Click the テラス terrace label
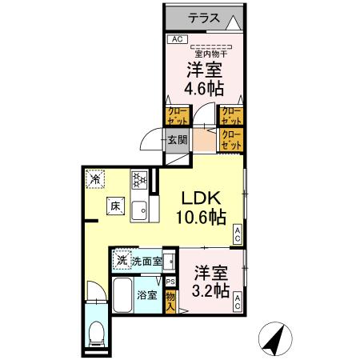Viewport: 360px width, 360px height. coord(206,17)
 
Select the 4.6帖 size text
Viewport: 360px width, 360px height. coord(205,85)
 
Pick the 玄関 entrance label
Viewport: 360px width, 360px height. coord(177,142)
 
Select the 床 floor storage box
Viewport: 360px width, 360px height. coord(115,206)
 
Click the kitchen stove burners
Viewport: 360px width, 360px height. coord(138,180)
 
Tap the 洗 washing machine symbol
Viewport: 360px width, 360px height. coord(122,260)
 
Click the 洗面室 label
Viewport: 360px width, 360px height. coord(147,260)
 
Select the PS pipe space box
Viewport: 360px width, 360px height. coord(170,281)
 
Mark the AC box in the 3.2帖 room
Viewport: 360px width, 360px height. coord(238,302)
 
